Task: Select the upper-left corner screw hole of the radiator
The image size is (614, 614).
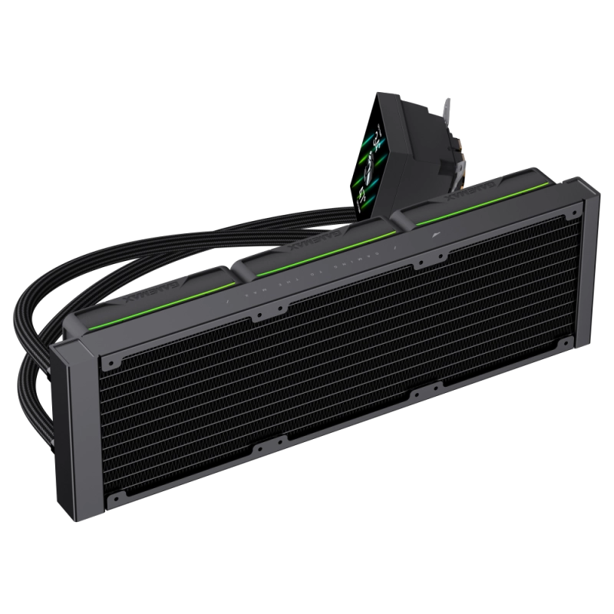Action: pyautogui.click(x=113, y=358)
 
